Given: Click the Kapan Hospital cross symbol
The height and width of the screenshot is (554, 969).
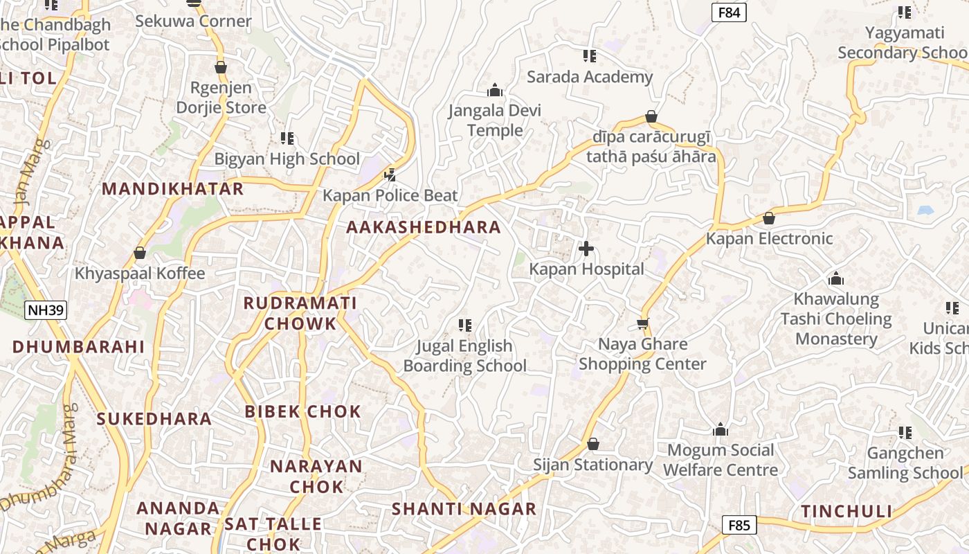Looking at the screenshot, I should [586, 248].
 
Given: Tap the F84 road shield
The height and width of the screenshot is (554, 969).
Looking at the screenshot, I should [729, 12].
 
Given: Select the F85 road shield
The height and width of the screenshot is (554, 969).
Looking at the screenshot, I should [739, 525].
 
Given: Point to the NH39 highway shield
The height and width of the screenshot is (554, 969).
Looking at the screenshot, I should [46, 310].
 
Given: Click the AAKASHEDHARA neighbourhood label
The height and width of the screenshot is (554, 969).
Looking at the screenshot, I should [423, 227].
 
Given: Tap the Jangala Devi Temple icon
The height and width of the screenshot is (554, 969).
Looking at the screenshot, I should [494, 90].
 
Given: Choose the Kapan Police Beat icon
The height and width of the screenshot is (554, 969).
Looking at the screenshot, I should [390, 175].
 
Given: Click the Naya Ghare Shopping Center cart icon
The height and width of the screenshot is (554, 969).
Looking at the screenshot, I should [642, 323].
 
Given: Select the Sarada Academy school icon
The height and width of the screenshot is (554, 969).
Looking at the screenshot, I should [589, 55].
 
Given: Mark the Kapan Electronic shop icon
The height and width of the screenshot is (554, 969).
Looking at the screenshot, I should [768, 218].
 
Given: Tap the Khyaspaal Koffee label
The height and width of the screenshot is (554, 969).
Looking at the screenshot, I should [140, 274].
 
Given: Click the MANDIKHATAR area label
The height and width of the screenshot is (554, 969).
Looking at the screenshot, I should [173, 188].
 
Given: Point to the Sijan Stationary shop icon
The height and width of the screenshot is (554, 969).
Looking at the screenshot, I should [592, 443].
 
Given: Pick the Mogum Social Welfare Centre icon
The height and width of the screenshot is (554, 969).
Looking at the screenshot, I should [721, 429].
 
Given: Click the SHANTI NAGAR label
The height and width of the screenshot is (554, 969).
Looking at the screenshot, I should [464, 509].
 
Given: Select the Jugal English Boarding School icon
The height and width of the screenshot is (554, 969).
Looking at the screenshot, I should [465, 325].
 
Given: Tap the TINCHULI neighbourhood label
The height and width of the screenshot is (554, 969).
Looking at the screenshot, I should [846, 511].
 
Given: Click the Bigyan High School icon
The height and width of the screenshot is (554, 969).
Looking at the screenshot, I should [287, 138].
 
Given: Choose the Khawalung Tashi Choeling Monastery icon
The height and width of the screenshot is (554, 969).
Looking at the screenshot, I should [835, 278].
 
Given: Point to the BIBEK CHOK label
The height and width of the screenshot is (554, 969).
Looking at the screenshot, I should [302, 411].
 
